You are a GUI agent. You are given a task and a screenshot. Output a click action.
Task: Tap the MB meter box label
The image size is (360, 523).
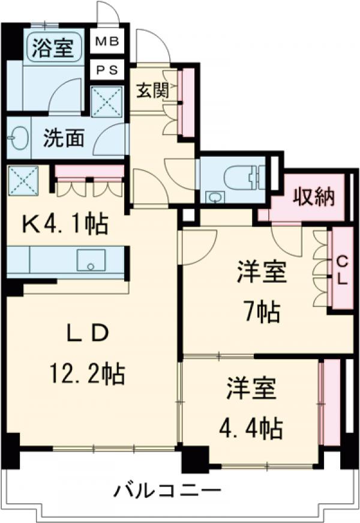click(x=107, y=42)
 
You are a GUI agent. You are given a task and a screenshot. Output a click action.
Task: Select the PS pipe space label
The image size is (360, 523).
click(x=107, y=69)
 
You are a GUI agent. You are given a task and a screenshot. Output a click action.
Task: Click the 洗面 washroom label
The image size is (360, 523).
click(x=62, y=139)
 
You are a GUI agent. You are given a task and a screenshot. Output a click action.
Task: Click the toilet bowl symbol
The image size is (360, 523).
click(x=244, y=175)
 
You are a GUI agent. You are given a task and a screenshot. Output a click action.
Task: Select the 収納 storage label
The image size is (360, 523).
click(x=313, y=197)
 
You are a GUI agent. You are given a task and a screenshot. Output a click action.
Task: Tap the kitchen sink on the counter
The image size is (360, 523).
click(x=91, y=261)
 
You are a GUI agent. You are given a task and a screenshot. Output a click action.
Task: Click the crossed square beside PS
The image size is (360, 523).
click(x=107, y=101)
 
